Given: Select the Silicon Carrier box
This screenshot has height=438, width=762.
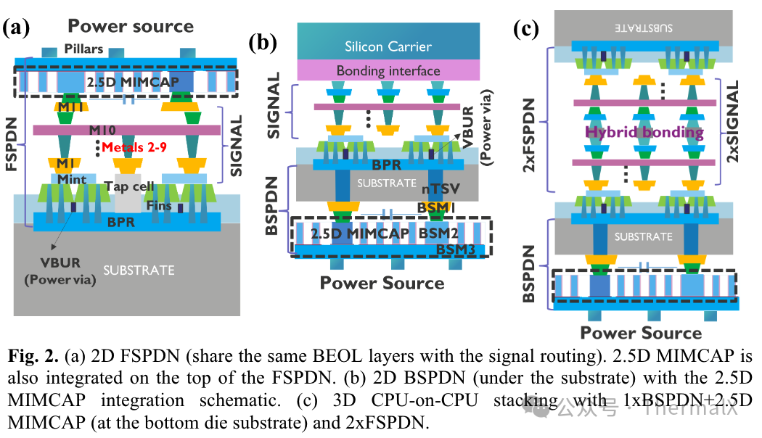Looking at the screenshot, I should pos(388,46).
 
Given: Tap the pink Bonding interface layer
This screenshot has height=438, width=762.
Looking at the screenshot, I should pos(388,70).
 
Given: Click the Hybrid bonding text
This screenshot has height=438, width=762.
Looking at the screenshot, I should pos(644,132).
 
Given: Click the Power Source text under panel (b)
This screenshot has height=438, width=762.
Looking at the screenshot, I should pos(382,283).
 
